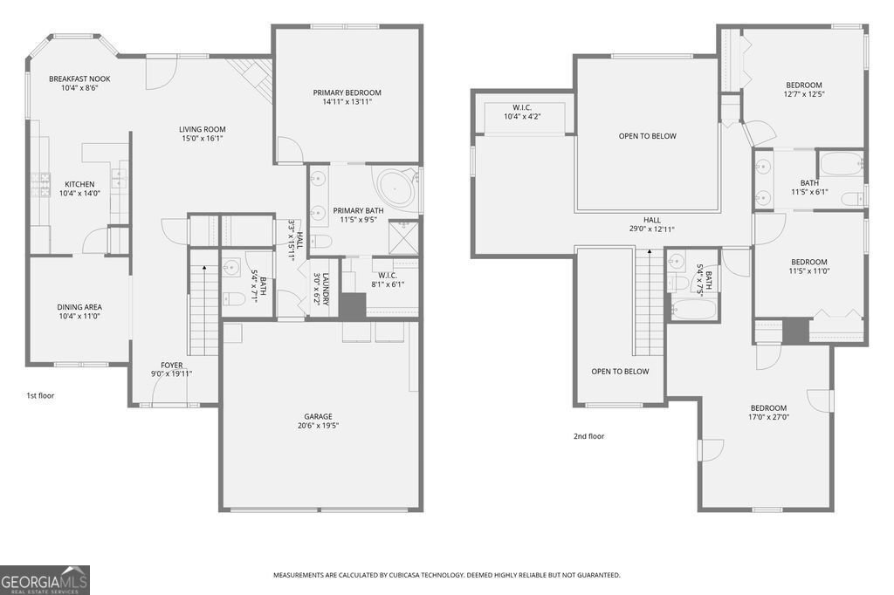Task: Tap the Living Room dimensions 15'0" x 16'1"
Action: pyautogui.click(x=203, y=138)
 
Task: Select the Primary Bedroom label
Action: pyautogui.click(x=347, y=92)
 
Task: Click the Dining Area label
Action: pyautogui.click(x=79, y=307)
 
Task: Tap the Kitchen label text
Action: pyautogui.click(x=79, y=184)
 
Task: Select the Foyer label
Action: pyautogui.click(x=172, y=365)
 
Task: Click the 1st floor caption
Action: pyautogui.click(x=40, y=395)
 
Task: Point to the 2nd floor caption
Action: pyautogui.click(x=588, y=436)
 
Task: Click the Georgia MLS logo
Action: pyautogui.click(x=45, y=579)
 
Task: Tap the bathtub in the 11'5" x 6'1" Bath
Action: pyautogui.click(x=840, y=162)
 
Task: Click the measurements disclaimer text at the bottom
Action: pyautogui.click(x=447, y=575)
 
